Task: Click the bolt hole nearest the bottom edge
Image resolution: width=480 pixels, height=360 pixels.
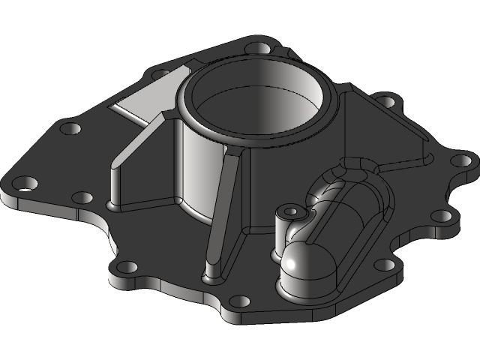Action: point(238,302)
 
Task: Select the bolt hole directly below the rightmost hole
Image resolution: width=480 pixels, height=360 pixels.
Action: point(443,215)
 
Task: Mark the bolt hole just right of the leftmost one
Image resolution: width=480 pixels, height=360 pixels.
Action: point(82,198)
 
